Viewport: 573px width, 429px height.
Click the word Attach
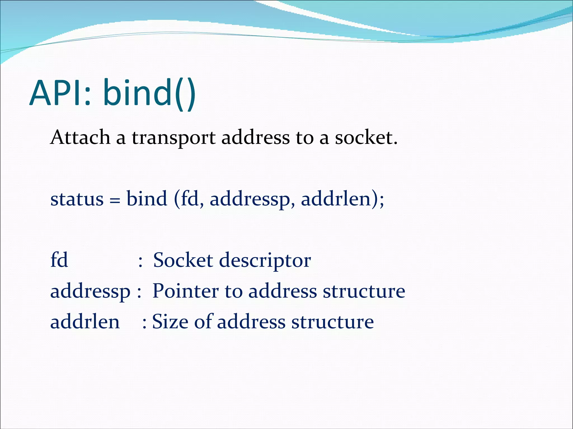[x=80, y=138]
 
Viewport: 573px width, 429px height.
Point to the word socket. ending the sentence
[x=366, y=138]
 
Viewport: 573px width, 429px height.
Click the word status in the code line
[x=77, y=199]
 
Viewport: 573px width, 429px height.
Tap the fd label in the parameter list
[x=59, y=260]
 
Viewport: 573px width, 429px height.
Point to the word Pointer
[x=185, y=291]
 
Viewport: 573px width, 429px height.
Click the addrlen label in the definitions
[x=85, y=322]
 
